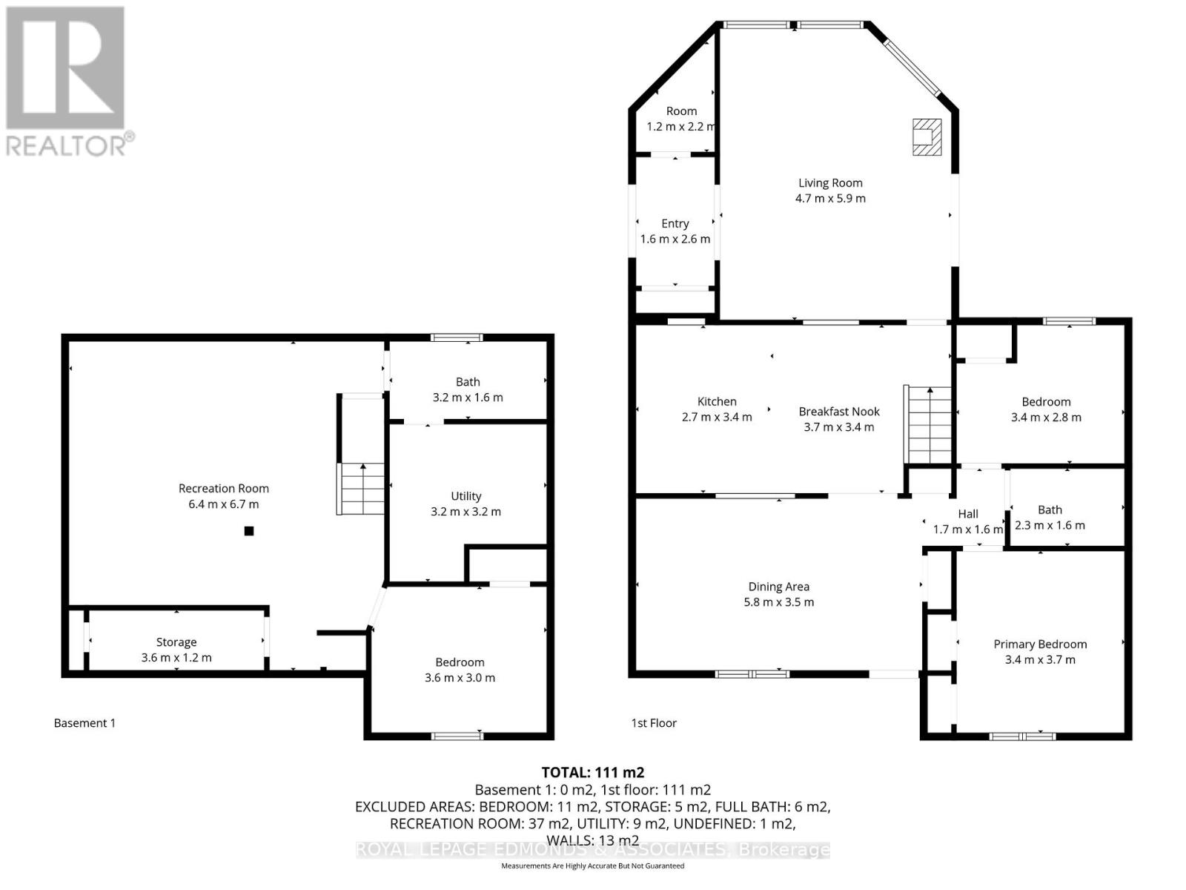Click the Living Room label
[x=830, y=182]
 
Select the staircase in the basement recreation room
[x=362, y=488]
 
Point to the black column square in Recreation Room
[x=250, y=530]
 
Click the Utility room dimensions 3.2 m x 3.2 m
[x=466, y=512]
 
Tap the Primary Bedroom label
[x=1040, y=644]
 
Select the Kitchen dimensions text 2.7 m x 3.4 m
[x=717, y=418]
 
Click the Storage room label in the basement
[x=176, y=642]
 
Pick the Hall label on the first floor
[x=968, y=514]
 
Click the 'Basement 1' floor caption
[x=85, y=723]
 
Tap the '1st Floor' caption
[x=654, y=723]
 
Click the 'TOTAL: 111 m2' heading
[x=593, y=772]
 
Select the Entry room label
[x=675, y=223]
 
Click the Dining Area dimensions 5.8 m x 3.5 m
[x=778, y=602]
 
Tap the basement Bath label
[x=468, y=382]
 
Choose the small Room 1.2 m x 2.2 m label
[x=681, y=111]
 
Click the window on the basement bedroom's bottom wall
[x=457, y=736]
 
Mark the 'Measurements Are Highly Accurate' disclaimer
[x=593, y=866]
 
